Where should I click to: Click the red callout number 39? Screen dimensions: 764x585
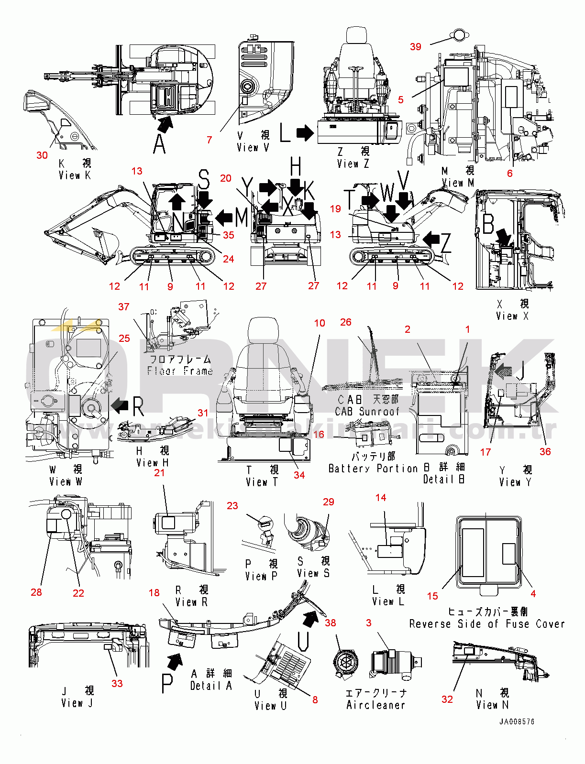click(x=415, y=46)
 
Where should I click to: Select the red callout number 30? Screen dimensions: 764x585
click(x=42, y=155)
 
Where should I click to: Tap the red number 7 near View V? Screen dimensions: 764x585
click(x=209, y=140)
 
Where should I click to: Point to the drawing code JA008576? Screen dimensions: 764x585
click(x=517, y=721)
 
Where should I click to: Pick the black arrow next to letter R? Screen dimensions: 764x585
click(x=120, y=406)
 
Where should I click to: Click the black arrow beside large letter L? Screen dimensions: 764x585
click(x=305, y=133)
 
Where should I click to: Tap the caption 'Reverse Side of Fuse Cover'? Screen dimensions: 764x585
click(x=486, y=624)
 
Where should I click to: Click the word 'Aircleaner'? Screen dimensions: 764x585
click(x=375, y=705)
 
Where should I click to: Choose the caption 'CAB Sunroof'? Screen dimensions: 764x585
click(x=367, y=411)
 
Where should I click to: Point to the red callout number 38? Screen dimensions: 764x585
click(x=330, y=622)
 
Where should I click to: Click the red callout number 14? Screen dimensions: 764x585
click(x=381, y=497)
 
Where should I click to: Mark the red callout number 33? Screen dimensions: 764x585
click(x=117, y=683)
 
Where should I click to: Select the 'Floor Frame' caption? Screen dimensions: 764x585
click(x=180, y=371)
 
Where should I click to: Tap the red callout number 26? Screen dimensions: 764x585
click(x=345, y=322)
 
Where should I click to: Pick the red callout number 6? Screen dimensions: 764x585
click(x=509, y=173)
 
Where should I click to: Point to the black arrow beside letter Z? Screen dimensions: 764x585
click(x=431, y=238)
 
